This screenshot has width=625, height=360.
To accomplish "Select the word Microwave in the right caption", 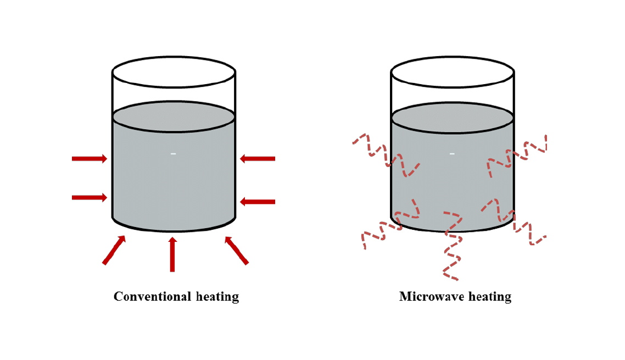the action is [x=431, y=297].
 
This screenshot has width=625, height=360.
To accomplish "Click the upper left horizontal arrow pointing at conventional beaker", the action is [x=90, y=159].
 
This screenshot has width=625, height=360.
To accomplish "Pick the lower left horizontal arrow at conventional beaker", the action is [x=90, y=197].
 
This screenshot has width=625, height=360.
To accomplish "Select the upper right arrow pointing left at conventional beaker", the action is [x=258, y=159].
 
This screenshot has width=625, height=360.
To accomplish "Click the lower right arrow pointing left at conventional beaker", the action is [x=258, y=202].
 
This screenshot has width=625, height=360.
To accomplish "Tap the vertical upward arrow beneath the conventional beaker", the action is [x=172, y=254].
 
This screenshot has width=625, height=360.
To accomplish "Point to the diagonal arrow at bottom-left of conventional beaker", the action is [x=114, y=250].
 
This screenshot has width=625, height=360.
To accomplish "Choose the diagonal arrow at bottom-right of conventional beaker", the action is [x=237, y=250].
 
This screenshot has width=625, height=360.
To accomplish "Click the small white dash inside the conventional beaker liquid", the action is [x=173, y=154].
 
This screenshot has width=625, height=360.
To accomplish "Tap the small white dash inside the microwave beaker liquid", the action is [x=452, y=154].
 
